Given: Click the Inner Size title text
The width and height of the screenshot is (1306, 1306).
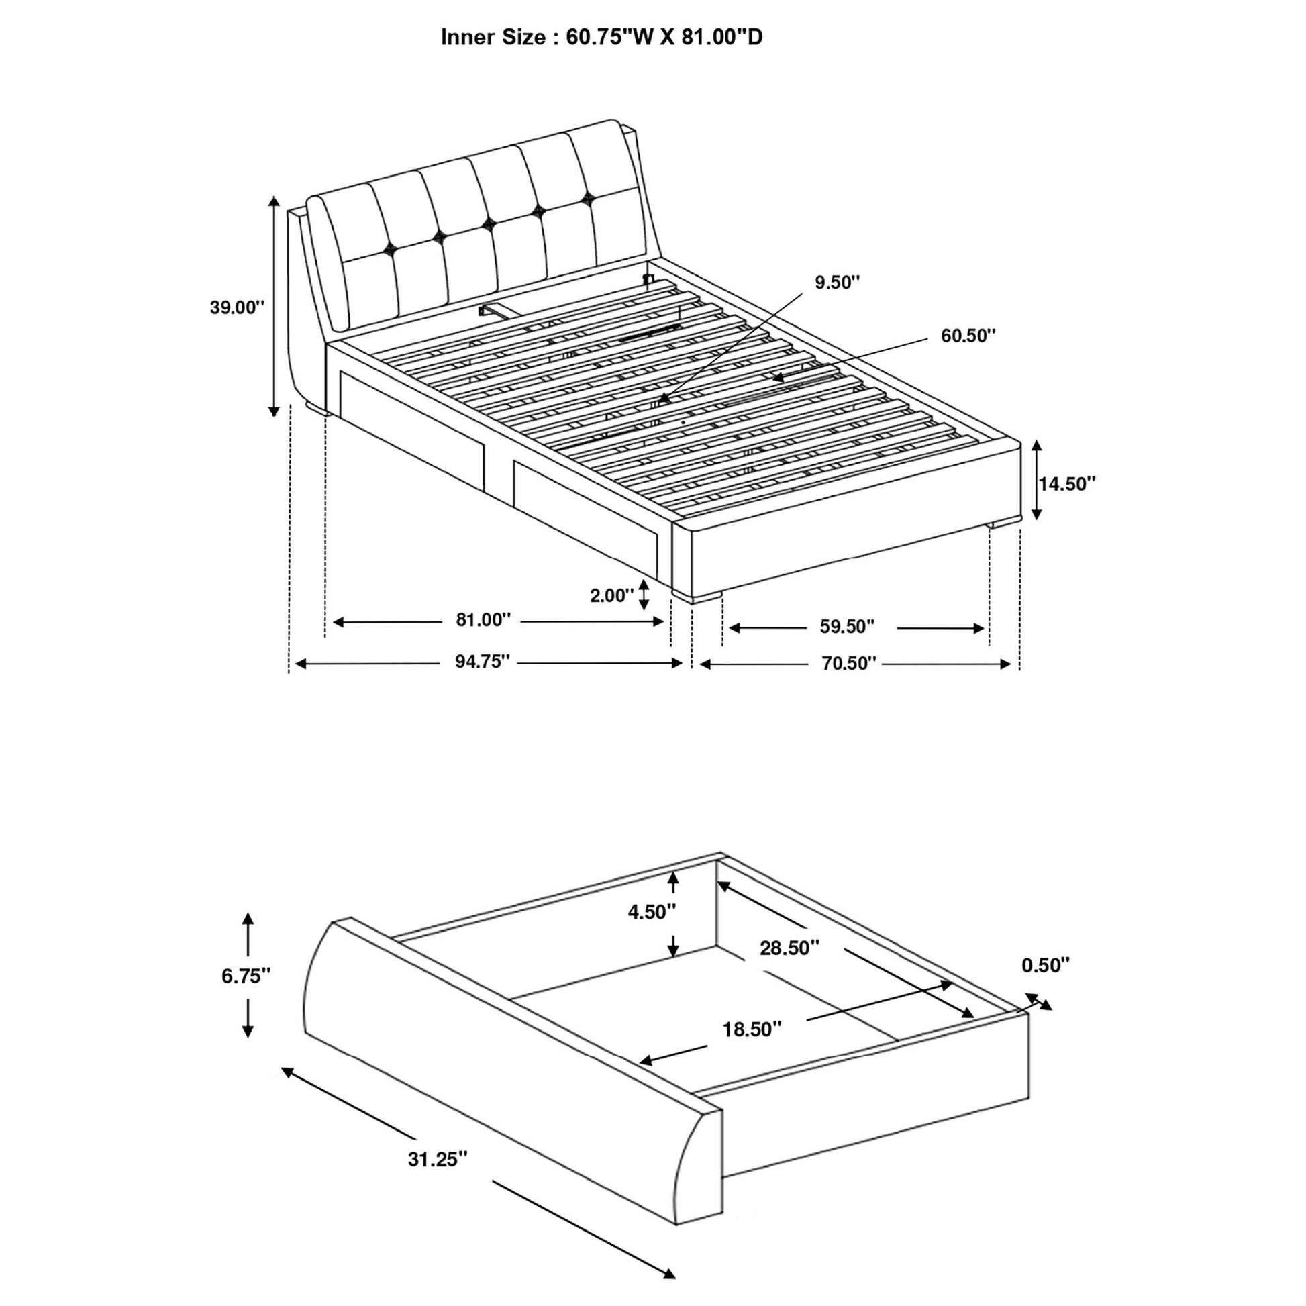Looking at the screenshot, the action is tap(601, 37).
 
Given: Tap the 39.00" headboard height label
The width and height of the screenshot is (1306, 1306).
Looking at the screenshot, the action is tap(237, 307).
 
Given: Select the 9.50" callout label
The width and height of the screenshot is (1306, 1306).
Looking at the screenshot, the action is tap(837, 283).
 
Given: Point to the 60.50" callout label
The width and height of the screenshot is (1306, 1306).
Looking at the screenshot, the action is tap(968, 336).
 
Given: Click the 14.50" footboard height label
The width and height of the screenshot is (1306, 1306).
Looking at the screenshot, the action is tap(1067, 483).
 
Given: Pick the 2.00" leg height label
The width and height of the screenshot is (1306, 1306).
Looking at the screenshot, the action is tap(612, 595).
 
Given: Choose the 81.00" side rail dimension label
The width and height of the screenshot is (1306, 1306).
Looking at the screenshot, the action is tap(483, 620).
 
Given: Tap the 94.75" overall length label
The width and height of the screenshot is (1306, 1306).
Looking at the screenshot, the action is tap(482, 661).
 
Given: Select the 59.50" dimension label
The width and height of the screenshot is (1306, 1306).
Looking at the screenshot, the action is tap(847, 627).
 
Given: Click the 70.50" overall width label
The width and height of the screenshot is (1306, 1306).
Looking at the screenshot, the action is tap(849, 663).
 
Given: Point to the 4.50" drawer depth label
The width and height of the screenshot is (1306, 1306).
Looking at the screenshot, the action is tap(652, 912).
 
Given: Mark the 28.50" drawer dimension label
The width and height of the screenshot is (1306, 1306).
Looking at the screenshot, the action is tap(789, 948).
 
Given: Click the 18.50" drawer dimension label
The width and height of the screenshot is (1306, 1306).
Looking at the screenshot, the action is tap(752, 1029).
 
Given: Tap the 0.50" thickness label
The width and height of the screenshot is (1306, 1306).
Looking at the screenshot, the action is tap(1046, 965).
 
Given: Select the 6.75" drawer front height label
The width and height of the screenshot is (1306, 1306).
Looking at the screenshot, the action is tap(246, 975).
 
